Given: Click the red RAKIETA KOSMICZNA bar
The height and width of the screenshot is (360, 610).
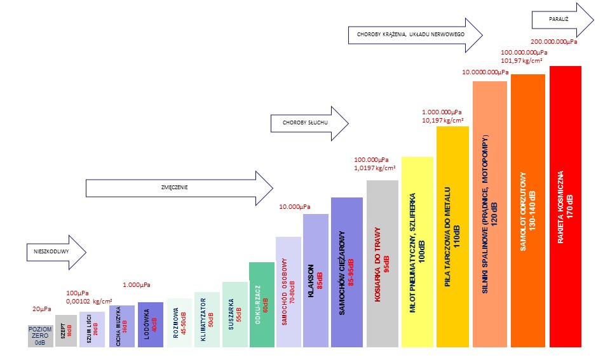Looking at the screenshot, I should (566, 206).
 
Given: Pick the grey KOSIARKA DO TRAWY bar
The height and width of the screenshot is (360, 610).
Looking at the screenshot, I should (383, 263).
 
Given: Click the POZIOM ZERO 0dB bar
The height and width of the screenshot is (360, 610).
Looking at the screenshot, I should (40, 335).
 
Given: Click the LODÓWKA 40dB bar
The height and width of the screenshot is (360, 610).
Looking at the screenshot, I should (150, 324).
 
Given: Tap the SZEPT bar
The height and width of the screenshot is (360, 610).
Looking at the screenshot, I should (66, 331).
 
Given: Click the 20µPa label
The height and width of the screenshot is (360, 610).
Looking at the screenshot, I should (41, 309).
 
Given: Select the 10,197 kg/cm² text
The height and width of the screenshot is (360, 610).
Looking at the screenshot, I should (443, 120).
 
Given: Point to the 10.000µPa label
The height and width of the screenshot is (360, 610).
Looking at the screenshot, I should (295, 207).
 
